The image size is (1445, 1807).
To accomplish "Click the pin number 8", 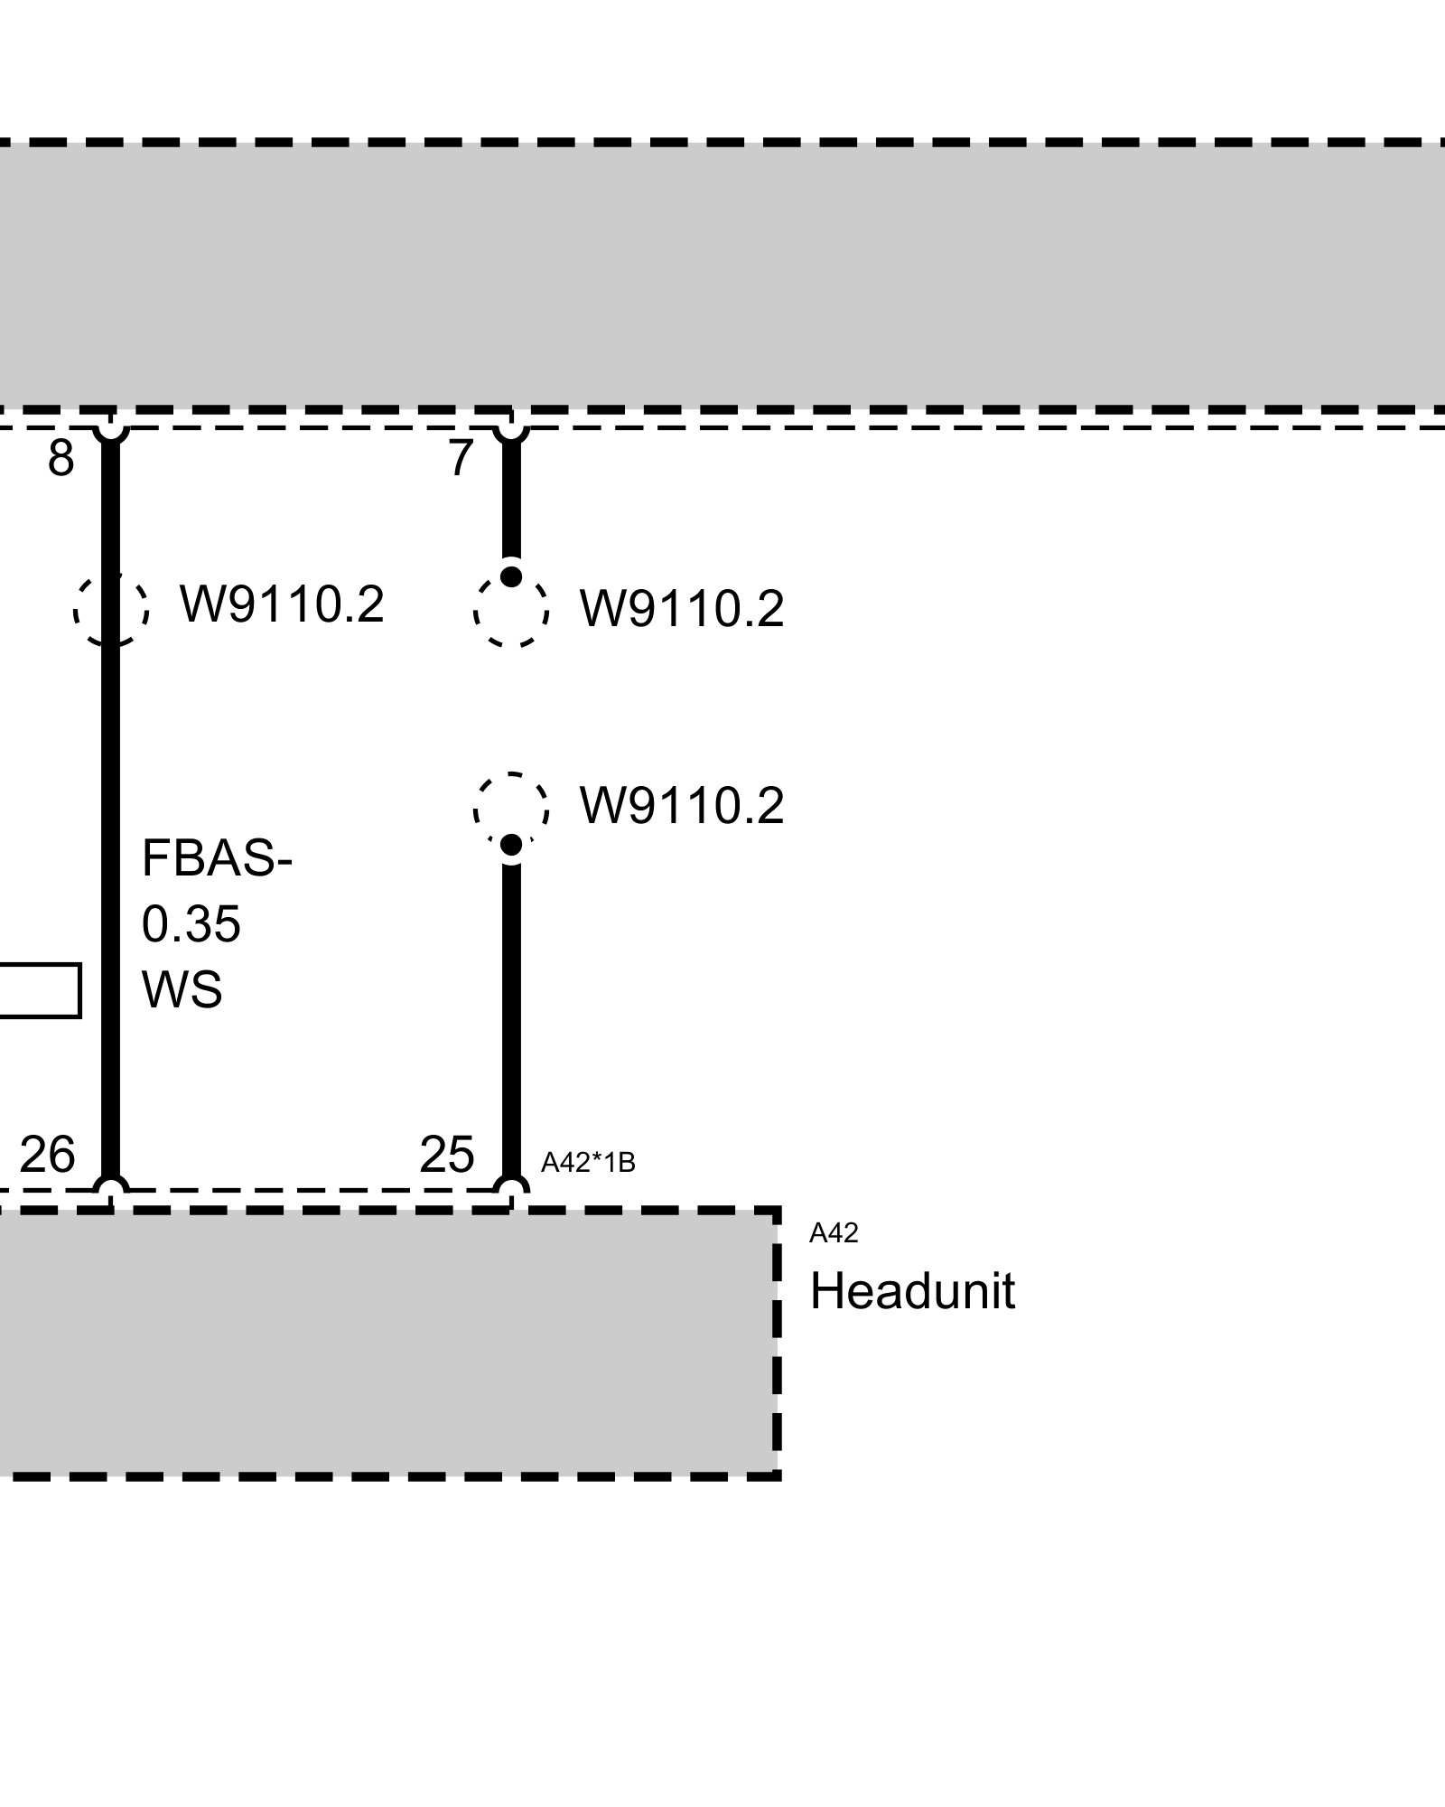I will [x=61, y=458].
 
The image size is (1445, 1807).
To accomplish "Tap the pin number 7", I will [x=461, y=458].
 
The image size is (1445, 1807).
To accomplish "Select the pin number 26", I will [x=47, y=1154].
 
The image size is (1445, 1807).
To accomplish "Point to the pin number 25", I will [x=447, y=1154].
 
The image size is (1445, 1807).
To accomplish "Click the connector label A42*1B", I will [x=588, y=1163].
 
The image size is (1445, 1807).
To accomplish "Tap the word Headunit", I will [x=912, y=1291].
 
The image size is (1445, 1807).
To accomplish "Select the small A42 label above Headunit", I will [x=833, y=1232].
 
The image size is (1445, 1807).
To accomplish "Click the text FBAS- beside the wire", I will [x=217, y=857].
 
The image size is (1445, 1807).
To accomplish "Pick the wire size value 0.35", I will [x=191, y=924].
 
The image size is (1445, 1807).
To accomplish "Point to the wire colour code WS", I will [x=182, y=989].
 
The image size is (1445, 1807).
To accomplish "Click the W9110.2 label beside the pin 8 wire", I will [x=282, y=604].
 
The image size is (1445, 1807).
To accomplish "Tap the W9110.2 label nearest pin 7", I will [x=682, y=609].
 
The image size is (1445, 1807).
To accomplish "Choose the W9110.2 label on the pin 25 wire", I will [x=682, y=805].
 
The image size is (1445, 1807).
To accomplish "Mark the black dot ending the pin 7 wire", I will [x=511, y=576].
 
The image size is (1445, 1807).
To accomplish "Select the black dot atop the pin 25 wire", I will [x=511, y=845].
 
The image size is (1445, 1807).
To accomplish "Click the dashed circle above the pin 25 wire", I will [x=511, y=809].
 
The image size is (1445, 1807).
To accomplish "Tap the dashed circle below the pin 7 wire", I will [x=511, y=611].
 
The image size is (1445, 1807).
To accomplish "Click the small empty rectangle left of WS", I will [x=40, y=990].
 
